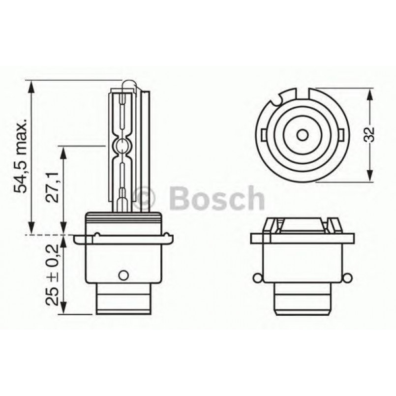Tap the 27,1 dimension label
pos(52,187)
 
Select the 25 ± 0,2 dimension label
pos(52,275)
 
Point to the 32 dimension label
pos(369,135)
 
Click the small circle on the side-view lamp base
pos(123,275)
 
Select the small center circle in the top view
pos(303,135)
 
